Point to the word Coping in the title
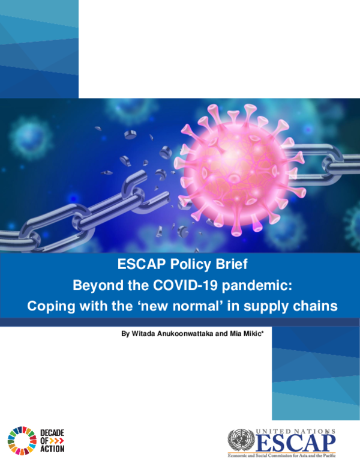point(49,306)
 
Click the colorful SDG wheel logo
point(22,439)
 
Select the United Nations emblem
point(241,441)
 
